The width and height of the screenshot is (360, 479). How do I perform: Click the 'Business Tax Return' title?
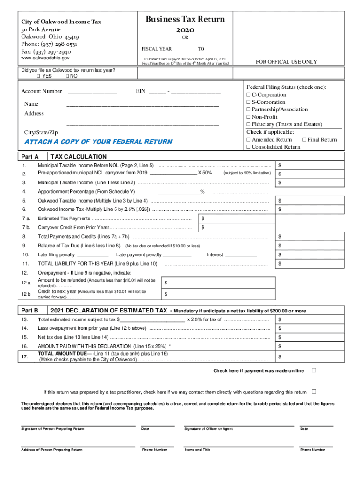(185, 19)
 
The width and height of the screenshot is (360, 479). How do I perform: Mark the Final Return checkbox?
(304, 139)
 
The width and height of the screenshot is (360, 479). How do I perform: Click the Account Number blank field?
(92, 92)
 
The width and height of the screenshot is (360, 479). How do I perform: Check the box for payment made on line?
(314, 370)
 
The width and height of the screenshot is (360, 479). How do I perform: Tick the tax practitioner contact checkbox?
(314, 392)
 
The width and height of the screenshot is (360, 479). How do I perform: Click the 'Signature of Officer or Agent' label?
(208, 429)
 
